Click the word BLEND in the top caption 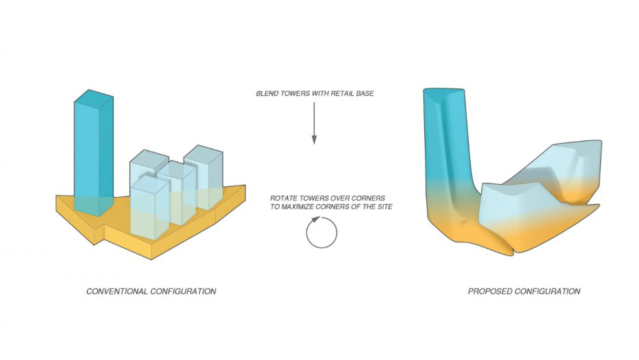[x=268, y=93]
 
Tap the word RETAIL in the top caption [x=343, y=93]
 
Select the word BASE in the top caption [x=366, y=93]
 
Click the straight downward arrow [x=314, y=123]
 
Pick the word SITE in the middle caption [x=384, y=207]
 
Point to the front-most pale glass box [x=150, y=207]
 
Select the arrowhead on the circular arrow [x=315, y=220]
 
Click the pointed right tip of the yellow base [x=245, y=186]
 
